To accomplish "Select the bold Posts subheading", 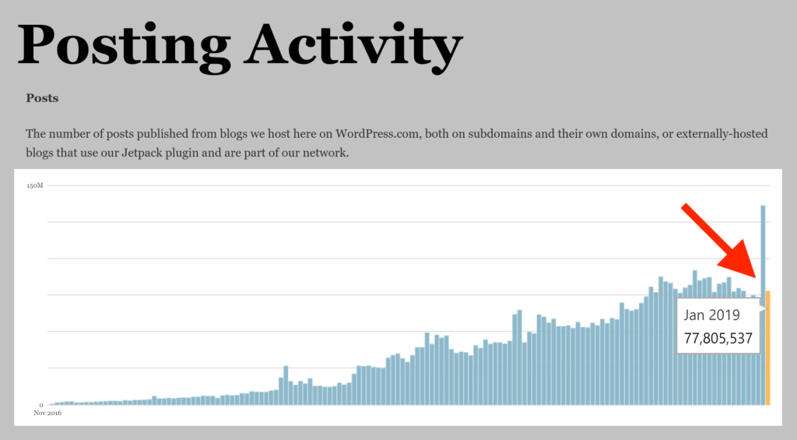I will pos(42,98).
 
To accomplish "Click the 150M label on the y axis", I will pos(35,185).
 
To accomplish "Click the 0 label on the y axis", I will pos(41,405).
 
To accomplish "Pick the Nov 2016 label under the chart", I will pos(47,414).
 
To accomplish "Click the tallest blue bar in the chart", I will pos(763,304).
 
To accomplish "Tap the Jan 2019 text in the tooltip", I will pos(711,315).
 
